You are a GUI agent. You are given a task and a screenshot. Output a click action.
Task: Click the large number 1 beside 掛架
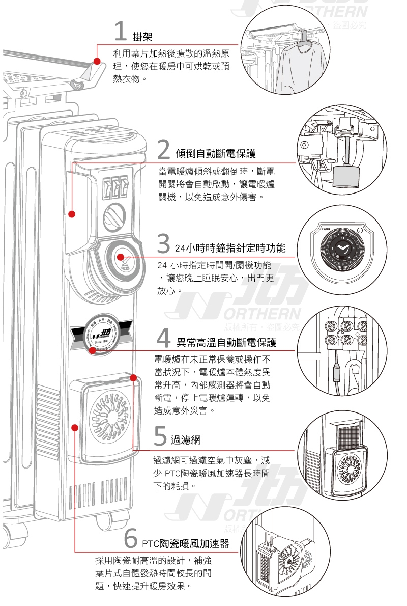(x=120, y=32)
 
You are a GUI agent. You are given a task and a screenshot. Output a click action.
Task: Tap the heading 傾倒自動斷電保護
(x=215, y=153)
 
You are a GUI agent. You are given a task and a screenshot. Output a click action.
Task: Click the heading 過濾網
(x=186, y=438)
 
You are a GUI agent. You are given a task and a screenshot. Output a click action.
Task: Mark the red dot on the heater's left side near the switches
(x=72, y=214)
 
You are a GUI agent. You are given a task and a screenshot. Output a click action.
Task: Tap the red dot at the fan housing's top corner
(x=133, y=377)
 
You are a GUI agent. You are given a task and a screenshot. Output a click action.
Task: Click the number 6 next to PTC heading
(x=131, y=539)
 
